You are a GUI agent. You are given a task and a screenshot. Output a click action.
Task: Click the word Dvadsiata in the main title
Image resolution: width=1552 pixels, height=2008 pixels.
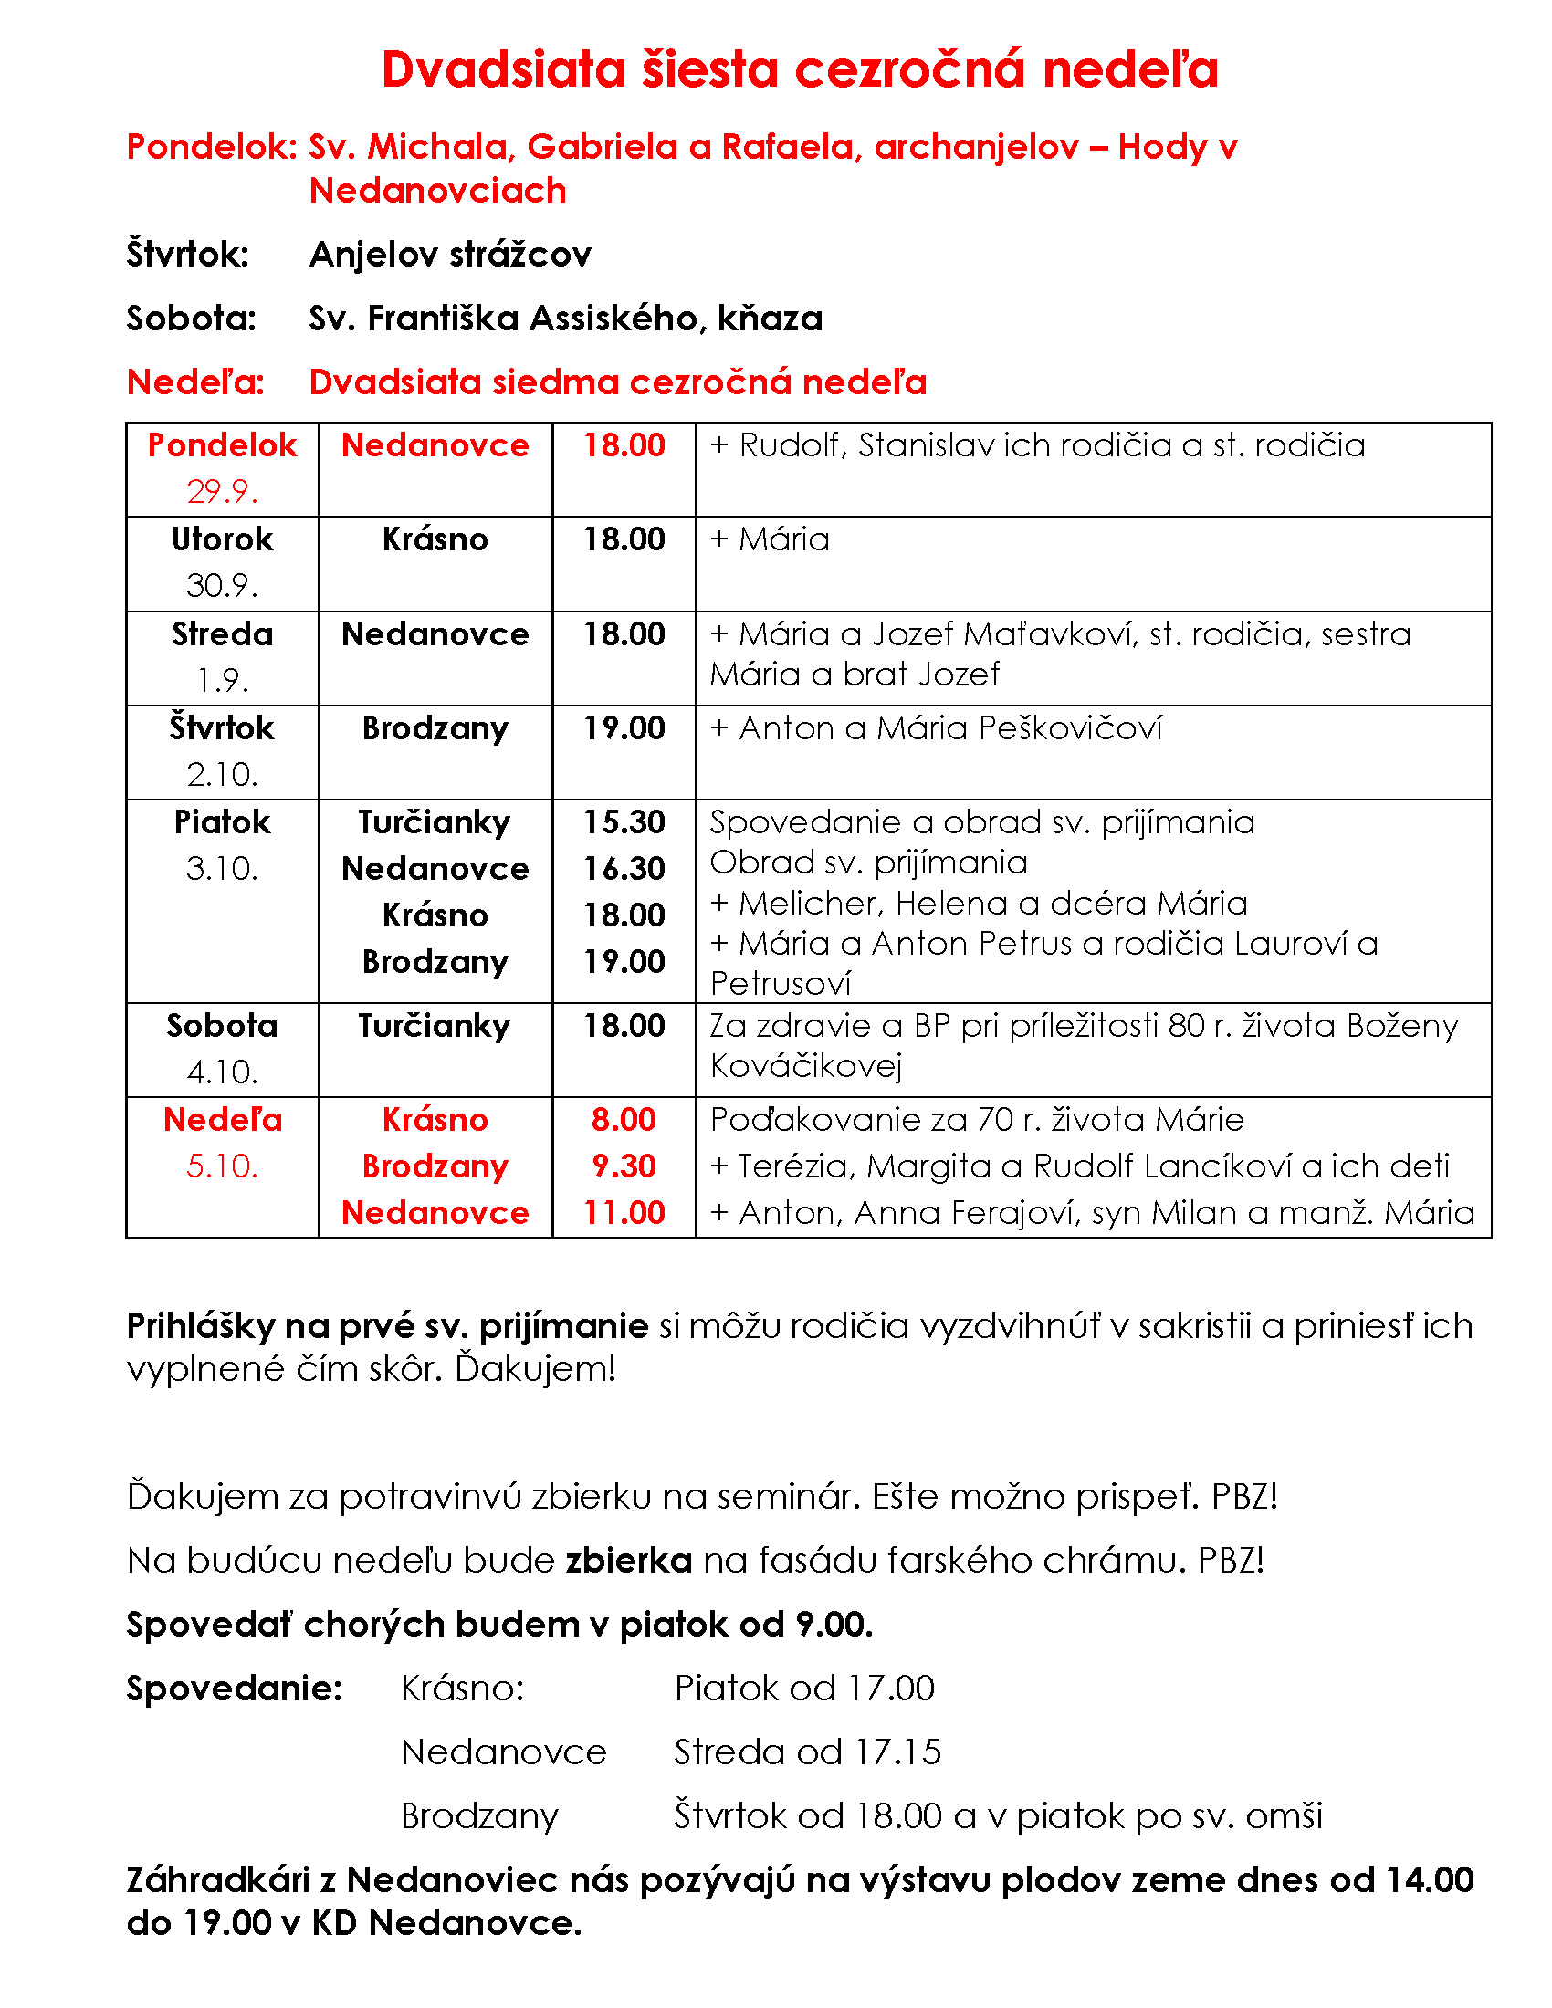coord(503,70)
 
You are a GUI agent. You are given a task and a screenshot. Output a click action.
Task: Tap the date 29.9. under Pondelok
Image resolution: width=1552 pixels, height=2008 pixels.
coord(222,492)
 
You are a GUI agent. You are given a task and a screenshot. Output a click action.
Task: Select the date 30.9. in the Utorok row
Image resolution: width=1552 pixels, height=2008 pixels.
coord(222,586)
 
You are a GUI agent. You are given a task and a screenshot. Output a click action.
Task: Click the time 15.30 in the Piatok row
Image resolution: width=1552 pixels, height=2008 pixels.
coord(624,822)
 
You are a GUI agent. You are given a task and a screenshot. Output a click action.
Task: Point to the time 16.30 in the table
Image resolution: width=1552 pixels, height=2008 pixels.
coord(624,869)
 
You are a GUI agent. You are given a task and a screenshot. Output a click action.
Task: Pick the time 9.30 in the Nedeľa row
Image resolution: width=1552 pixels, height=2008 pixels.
coord(624,1166)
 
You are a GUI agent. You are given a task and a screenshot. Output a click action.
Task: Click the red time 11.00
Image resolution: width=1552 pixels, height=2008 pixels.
coord(624,1213)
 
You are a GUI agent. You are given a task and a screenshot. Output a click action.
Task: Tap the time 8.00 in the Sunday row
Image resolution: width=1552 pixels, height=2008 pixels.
coord(624,1120)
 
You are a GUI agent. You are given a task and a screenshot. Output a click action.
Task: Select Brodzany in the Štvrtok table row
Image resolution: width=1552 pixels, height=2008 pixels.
coord(435,729)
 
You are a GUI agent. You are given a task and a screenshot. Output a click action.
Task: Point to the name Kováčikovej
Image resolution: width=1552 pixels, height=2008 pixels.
coord(806,1066)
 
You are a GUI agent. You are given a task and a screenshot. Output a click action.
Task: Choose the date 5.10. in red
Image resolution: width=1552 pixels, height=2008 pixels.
coord(222,1166)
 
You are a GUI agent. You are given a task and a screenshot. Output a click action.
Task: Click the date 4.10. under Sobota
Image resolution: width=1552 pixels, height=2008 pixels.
coord(222,1072)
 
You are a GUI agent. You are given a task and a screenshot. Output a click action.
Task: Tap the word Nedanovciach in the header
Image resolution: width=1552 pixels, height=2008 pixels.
coord(437,192)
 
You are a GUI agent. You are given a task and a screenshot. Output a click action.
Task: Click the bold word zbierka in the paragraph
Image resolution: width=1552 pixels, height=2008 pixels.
coord(629,1561)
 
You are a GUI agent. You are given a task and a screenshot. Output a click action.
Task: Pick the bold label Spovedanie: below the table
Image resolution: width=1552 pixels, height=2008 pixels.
coord(235,1689)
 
